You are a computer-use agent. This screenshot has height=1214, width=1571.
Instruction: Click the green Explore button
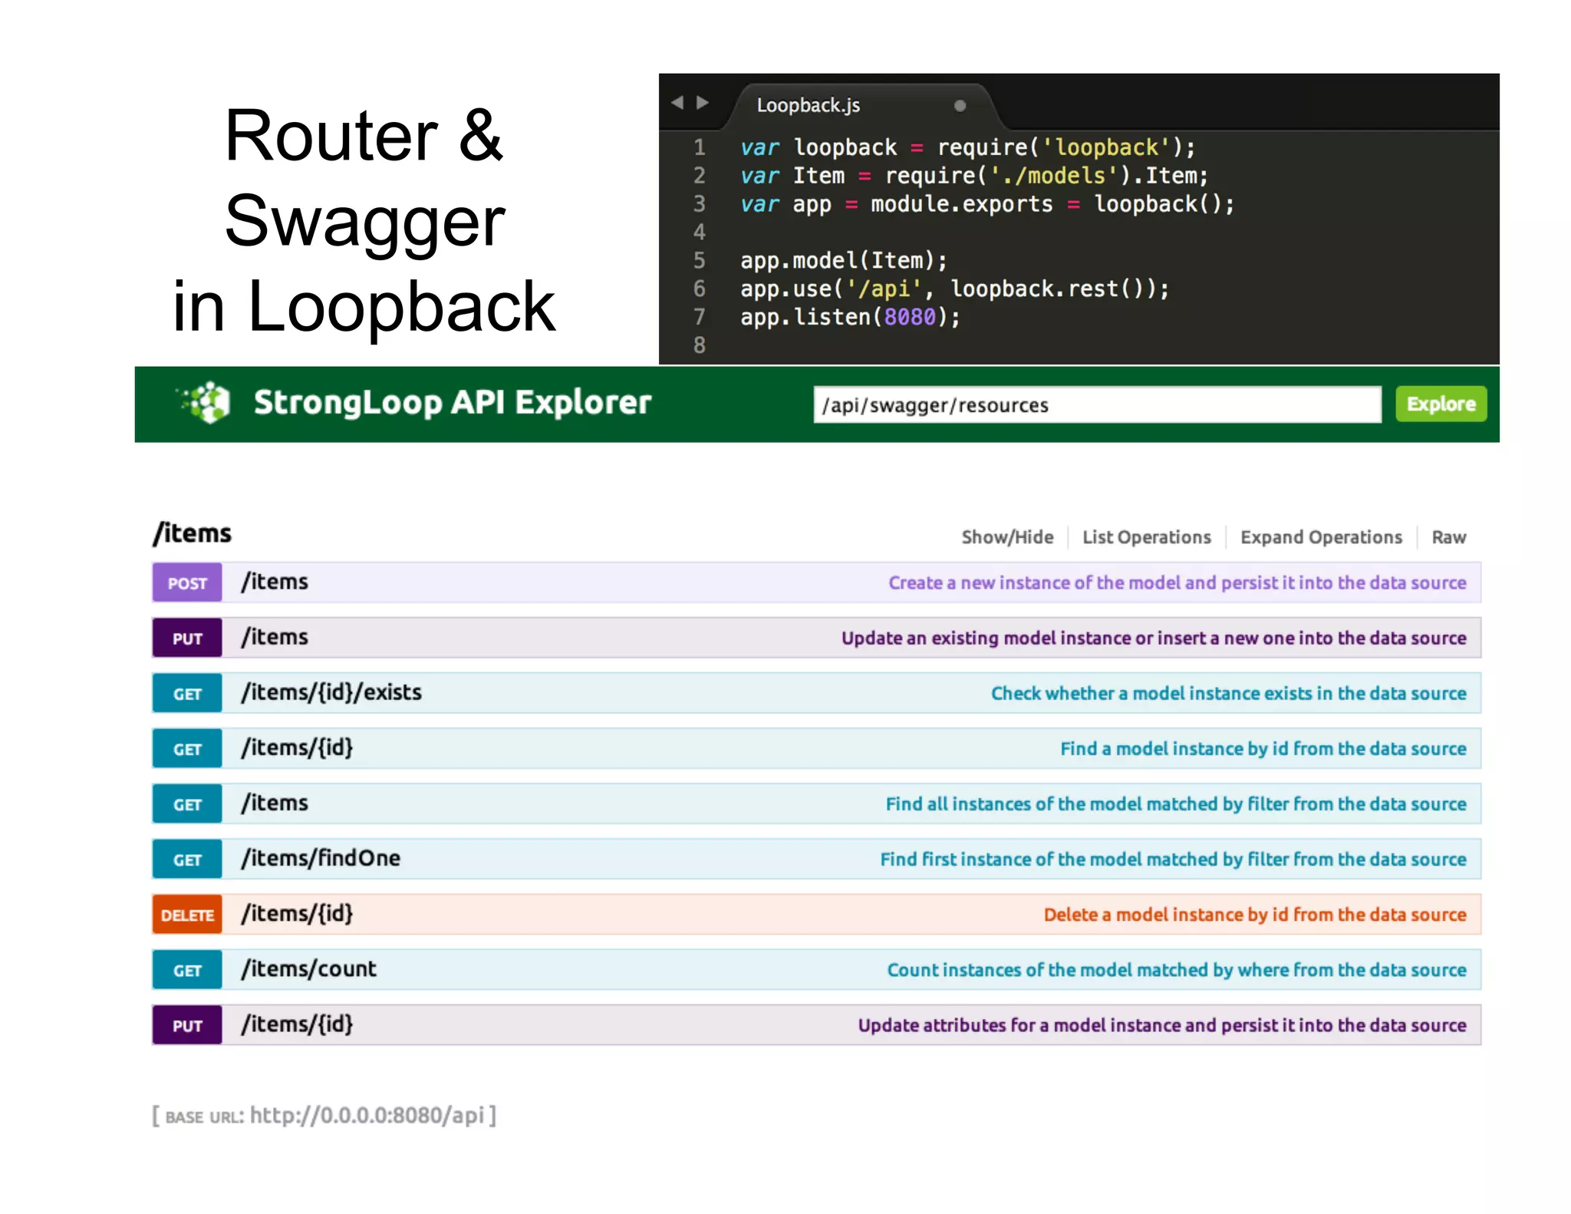point(1440,404)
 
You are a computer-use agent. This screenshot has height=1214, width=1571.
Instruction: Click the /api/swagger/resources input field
point(1096,404)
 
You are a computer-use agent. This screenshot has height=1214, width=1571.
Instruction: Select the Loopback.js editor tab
point(809,105)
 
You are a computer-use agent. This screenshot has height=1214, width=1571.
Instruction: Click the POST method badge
point(187,582)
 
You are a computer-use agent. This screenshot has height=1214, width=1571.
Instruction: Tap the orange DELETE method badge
point(187,915)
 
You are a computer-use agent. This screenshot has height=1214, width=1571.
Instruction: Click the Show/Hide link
point(1007,537)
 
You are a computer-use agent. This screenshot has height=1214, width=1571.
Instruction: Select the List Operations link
point(1146,537)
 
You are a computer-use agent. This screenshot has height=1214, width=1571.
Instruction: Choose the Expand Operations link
point(1320,537)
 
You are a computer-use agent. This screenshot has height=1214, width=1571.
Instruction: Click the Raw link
point(1448,537)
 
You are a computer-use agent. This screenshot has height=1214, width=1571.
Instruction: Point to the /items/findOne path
point(321,858)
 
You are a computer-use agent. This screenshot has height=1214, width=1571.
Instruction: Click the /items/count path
point(309,969)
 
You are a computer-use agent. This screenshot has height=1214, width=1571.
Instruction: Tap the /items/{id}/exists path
point(331,692)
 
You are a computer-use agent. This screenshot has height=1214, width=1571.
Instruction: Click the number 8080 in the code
point(910,317)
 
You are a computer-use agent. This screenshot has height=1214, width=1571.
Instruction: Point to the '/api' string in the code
point(884,289)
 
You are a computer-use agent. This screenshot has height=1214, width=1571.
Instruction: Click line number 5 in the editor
point(699,261)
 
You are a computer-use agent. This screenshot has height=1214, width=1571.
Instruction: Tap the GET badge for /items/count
point(187,970)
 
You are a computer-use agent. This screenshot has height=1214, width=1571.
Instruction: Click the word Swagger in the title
point(365,222)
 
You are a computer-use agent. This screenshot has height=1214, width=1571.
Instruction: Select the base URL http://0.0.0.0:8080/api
point(367,1115)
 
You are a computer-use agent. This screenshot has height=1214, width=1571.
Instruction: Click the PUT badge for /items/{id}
point(187,1025)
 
